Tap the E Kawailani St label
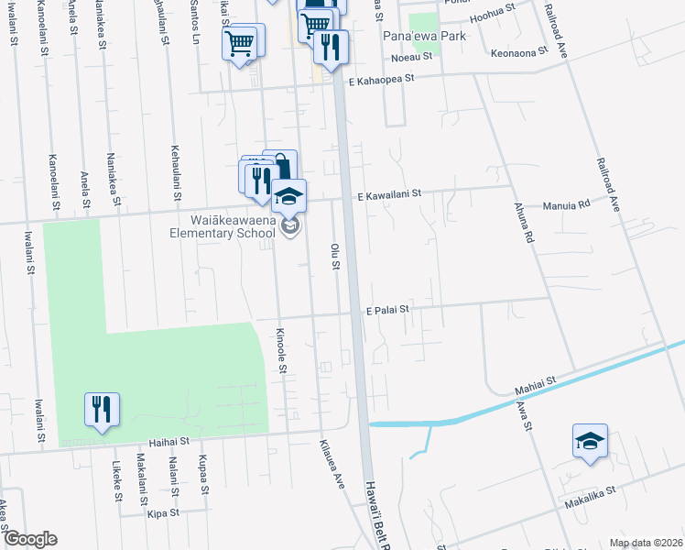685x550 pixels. coord(388,194)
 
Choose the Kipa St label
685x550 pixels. coord(163,515)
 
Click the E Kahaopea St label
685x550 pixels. coord(379,79)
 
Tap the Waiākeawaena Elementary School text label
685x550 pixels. coord(220,226)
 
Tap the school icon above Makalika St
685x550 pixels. coord(590,440)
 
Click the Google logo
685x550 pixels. coord(30,539)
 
